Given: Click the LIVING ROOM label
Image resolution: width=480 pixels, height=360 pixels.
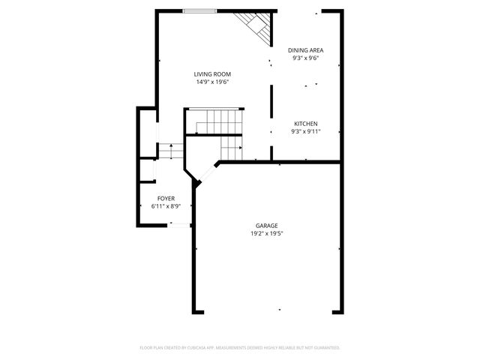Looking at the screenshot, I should [x=212, y=74].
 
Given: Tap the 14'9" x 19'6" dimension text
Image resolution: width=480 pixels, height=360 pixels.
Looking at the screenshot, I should [x=212, y=82].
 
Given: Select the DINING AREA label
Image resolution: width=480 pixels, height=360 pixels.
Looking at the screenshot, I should [x=305, y=50].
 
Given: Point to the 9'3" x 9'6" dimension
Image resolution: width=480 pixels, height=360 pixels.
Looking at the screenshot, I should [x=305, y=58].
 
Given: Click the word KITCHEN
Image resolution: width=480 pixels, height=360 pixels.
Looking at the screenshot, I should [x=305, y=124].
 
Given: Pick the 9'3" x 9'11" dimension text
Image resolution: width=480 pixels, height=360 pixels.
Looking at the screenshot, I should [x=305, y=131].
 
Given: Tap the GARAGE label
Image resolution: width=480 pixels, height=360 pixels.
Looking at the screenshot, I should [x=267, y=226].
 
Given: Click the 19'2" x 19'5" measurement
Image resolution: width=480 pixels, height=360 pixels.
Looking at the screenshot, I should [x=267, y=233].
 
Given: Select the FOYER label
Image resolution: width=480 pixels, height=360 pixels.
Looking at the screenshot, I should [x=166, y=198].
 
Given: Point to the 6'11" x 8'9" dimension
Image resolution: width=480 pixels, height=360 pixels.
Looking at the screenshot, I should [x=166, y=205].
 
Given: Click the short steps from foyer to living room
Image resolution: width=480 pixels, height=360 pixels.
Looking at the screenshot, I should [x=171, y=151].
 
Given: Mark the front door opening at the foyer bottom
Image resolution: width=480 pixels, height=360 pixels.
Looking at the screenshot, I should [x=178, y=224].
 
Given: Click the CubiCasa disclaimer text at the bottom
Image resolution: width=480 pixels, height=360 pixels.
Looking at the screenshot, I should [x=240, y=348].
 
